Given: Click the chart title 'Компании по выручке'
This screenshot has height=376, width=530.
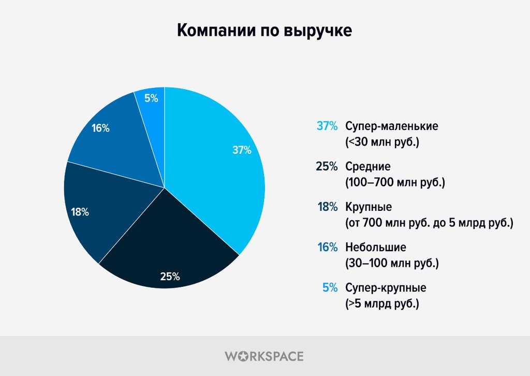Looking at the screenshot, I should pos(264,30).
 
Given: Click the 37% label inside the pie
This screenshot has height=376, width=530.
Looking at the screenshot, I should pos(242,151).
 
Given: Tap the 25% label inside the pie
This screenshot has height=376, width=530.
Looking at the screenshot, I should pos(170,277).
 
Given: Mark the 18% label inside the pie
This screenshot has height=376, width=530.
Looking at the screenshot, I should pos(80,212).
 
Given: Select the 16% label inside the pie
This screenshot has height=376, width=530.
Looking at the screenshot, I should pos(100,128).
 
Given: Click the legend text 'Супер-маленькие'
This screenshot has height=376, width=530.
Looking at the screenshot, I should pos(392,126).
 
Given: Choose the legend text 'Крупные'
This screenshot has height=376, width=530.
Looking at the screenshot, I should pos(369,207).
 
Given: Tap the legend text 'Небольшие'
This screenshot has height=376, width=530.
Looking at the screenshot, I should pos(376,248).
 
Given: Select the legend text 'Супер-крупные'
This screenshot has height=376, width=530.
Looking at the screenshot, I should pos(386,288).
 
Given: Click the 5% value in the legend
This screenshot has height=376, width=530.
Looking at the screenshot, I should pos(330,288).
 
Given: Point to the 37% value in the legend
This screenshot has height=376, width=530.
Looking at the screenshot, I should pos(327,126).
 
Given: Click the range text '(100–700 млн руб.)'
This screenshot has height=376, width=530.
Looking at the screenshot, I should pos(395,182).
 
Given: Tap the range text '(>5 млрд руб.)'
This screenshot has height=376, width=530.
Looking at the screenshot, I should pos(382,303).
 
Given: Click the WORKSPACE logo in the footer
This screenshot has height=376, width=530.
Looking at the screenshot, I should pos(264,356).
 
